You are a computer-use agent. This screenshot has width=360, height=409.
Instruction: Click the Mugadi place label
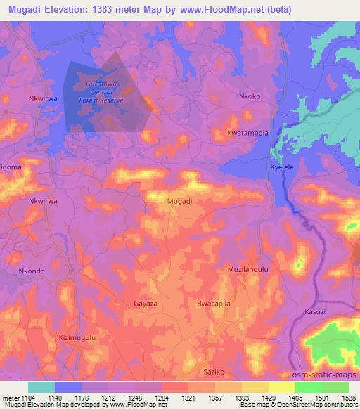[x=180, y=201]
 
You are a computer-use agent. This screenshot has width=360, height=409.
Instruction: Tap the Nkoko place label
[x=250, y=96]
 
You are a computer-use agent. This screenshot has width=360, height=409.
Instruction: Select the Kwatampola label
[x=248, y=132]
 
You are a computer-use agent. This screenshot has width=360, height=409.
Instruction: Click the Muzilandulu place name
[x=248, y=270]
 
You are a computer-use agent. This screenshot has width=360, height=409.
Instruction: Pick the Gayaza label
[x=146, y=304]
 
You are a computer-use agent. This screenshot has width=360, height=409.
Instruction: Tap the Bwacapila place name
[x=214, y=304]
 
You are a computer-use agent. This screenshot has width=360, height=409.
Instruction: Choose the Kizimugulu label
[x=77, y=337]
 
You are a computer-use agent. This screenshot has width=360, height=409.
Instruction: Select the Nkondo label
[x=31, y=271]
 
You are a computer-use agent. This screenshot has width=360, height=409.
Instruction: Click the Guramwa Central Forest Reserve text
[x=105, y=92]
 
